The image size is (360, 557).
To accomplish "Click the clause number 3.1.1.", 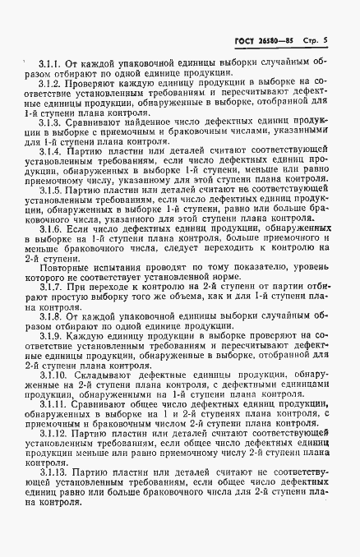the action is point(51,63).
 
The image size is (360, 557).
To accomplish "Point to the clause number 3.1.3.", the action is point(51,121).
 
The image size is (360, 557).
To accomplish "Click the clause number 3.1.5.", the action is point(51,190).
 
